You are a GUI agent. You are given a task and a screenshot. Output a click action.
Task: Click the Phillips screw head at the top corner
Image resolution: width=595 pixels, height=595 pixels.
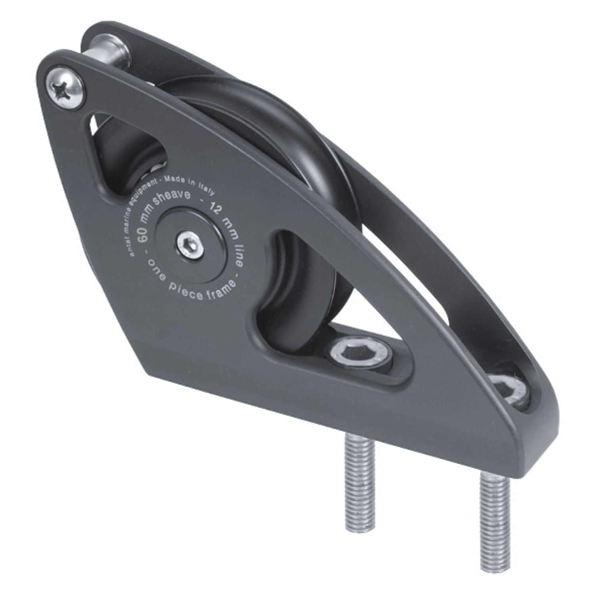click(x=66, y=89)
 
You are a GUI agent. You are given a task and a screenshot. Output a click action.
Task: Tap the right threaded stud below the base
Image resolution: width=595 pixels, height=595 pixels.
click(x=493, y=512)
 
